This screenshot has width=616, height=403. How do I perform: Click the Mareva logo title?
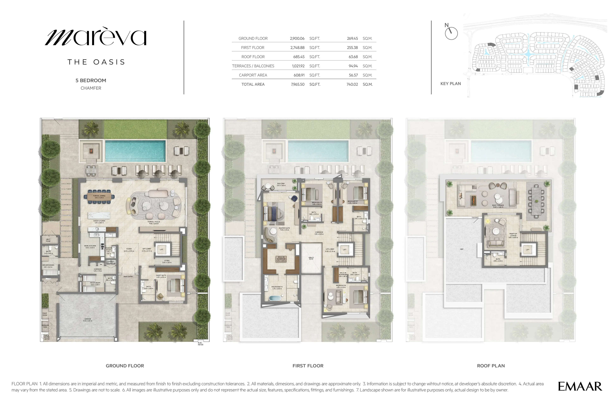pyautogui.click(x=96, y=38)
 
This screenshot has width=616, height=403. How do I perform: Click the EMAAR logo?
pyautogui.click(x=580, y=386)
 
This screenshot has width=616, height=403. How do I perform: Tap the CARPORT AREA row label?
pyautogui.click(x=253, y=75)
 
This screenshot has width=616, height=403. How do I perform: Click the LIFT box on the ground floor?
pyautogui.click(x=162, y=249)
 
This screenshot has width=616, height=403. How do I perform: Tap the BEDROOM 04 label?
pyautogui.click(x=341, y=286)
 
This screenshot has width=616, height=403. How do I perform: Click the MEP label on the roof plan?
pyautogui.click(x=462, y=249)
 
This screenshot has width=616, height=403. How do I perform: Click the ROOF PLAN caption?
pyautogui.click(x=491, y=366)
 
